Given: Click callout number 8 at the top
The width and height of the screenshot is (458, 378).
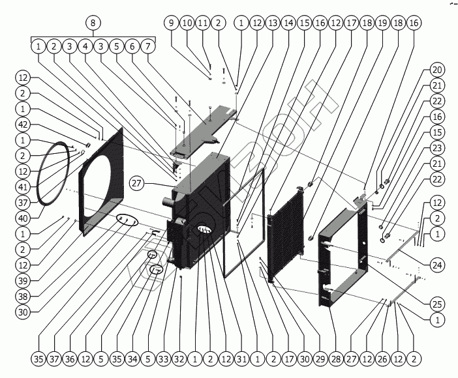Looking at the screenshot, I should (x=93, y=23).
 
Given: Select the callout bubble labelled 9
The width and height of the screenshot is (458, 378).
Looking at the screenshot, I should (x=171, y=23).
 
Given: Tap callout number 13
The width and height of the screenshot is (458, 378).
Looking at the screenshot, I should (x=272, y=23).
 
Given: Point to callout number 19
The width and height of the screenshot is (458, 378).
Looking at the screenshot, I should (x=382, y=23).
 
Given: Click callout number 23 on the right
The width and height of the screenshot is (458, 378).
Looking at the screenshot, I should (x=437, y=148).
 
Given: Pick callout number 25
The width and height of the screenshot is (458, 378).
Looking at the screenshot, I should (x=437, y=304).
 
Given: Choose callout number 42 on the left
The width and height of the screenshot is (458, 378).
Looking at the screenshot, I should (x=23, y=125).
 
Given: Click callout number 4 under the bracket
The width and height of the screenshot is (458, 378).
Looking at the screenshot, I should (x=85, y=47).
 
